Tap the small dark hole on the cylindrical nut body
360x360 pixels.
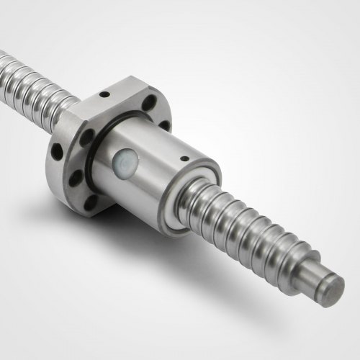[184, 156]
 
